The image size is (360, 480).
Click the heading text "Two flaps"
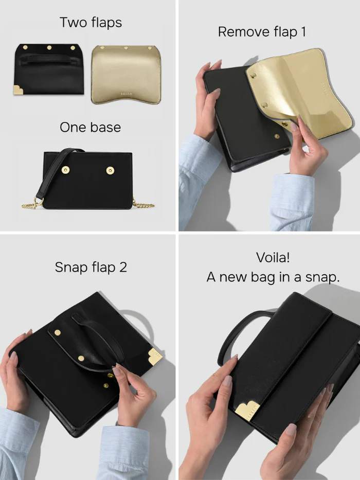tap(91, 23)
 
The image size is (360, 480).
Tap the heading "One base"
tap(91, 128)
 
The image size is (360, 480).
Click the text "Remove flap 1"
tap(262, 32)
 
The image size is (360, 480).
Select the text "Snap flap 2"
tap(91, 267)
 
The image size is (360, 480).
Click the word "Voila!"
tap(273, 257)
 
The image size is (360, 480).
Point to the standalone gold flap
tap(126, 75)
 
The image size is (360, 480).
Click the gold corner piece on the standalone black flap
tap(18, 90)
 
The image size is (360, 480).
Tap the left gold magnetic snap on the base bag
tap(65, 170)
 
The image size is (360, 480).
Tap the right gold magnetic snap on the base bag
tap(110, 170)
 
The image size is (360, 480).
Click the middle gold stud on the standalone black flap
tap(49, 48)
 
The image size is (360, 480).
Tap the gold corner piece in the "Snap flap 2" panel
tap(155, 357)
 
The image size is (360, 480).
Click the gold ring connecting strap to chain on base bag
tap(38, 201)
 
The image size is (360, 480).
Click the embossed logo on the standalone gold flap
tap(126, 94)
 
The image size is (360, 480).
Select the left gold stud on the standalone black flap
tap(25, 47)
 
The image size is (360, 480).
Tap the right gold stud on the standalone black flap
tap(73, 48)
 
